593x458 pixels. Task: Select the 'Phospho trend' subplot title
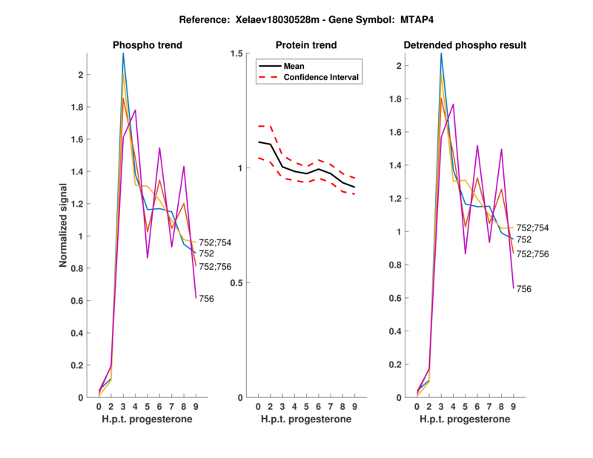click(147, 45)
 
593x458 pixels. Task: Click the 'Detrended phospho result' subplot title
click(465, 45)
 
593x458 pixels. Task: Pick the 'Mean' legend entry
click(294, 66)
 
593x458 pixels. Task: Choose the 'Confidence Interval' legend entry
click(322, 77)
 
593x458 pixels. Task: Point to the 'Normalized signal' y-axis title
click(65, 225)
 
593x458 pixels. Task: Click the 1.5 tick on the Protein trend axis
click(239, 53)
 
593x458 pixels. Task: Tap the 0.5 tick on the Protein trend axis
click(239, 283)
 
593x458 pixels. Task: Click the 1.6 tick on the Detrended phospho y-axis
click(401, 132)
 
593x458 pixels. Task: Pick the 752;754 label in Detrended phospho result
click(531, 228)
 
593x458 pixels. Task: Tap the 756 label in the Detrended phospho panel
click(523, 288)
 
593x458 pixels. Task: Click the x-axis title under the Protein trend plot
click(306, 420)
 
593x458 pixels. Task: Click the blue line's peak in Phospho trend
click(123, 53)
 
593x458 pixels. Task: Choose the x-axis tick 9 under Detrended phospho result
click(513, 407)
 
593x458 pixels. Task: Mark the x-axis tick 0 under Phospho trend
click(99, 407)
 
